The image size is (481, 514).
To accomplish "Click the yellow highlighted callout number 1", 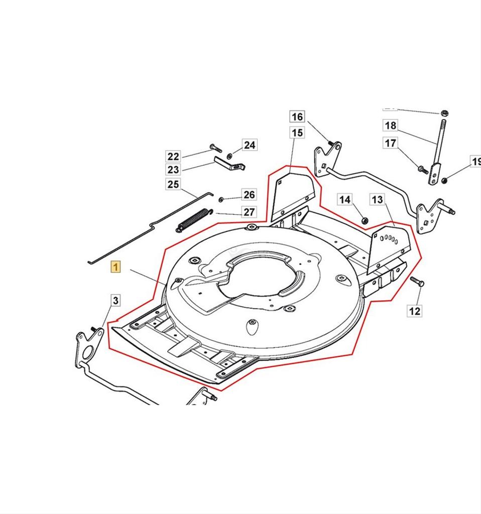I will point(115,267).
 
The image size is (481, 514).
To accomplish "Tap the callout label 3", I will point(115,301).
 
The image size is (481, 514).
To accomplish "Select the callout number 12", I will point(415,311).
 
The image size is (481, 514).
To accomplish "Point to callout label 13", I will point(377,200).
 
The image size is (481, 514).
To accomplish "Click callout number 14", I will point(344,200).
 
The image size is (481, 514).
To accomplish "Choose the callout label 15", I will point(297,133).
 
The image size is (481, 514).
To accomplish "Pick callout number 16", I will point(297,116).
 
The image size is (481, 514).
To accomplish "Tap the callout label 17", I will point(390,143).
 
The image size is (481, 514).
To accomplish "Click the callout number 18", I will point(390,125).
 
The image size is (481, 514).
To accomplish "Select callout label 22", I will point(173,156).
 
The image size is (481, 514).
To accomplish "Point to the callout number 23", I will point(173,170).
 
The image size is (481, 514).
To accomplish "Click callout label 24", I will point(250,145).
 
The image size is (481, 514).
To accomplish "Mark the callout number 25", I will point(173,184).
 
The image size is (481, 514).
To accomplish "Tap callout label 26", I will point(249,195).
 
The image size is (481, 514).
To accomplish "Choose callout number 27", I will point(249,212).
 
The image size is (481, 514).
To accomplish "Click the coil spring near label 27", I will point(193,219).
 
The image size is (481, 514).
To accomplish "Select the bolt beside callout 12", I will point(417,282).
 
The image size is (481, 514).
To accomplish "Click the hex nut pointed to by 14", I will point(365,220).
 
